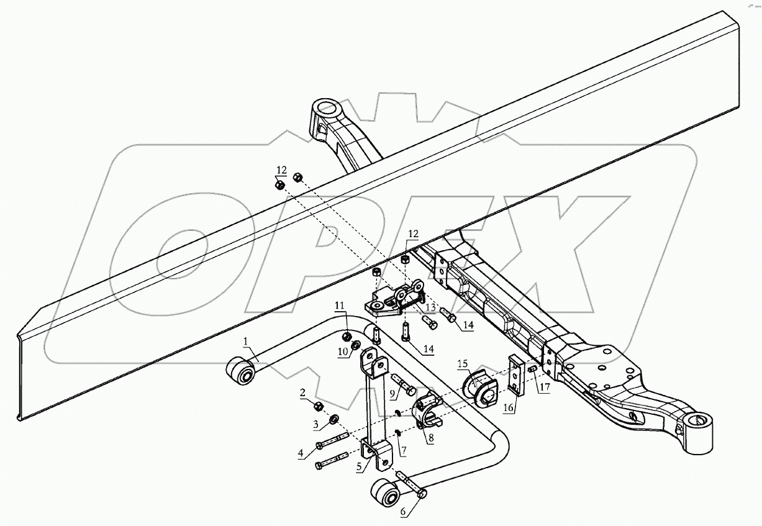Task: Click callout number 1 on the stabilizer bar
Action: (245, 342)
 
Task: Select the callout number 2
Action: (302, 392)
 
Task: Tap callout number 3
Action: (315, 425)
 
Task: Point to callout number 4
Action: (301, 454)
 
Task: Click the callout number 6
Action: (403, 513)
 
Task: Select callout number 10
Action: (341, 352)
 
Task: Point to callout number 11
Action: (339, 305)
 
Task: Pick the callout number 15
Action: (462, 363)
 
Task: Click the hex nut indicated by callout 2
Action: (317, 406)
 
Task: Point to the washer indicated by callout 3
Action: (333, 419)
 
